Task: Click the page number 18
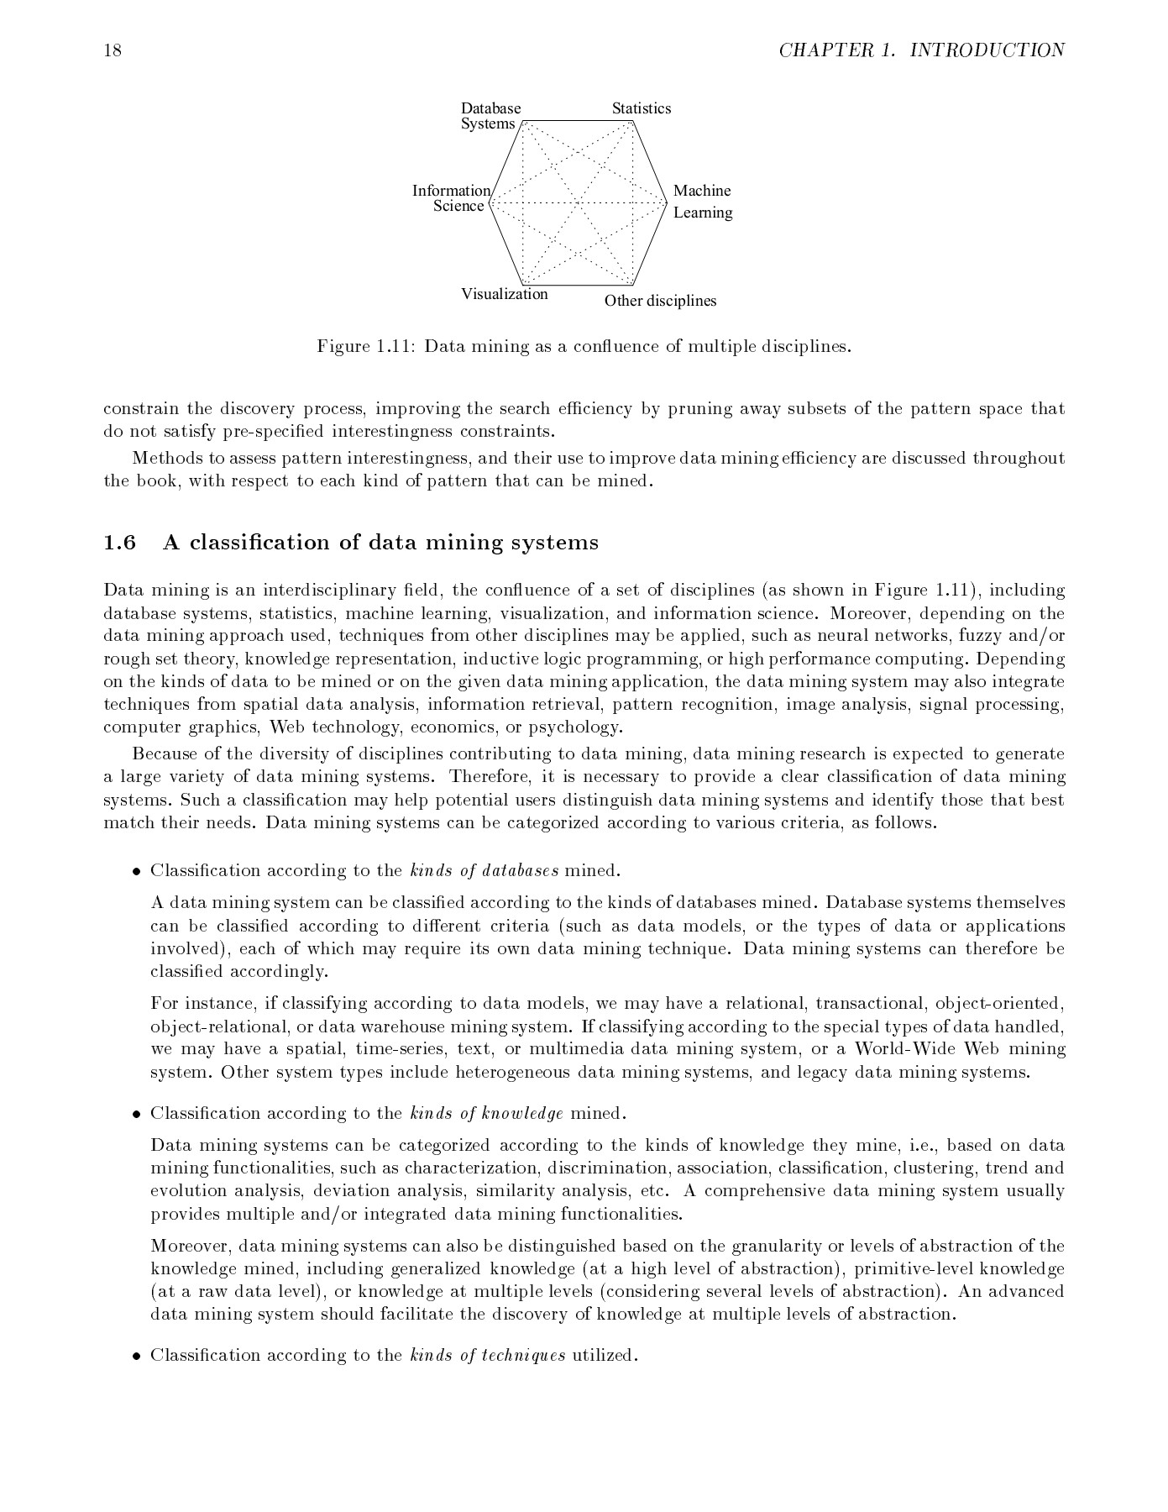pyautogui.click(x=113, y=51)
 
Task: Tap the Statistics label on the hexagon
pyautogui.click(x=641, y=108)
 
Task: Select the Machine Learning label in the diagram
pyautogui.click(x=702, y=202)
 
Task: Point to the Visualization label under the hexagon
pyautogui.click(x=504, y=294)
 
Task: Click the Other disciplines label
pyautogui.click(x=660, y=301)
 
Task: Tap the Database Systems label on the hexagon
pyautogui.click(x=490, y=116)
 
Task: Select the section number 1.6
pyautogui.click(x=119, y=543)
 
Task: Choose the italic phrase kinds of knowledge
pyautogui.click(x=486, y=1114)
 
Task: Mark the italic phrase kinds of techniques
pyautogui.click(x=488, y=1355)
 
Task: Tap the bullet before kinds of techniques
pyautogui.click(x=135, y=1356)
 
